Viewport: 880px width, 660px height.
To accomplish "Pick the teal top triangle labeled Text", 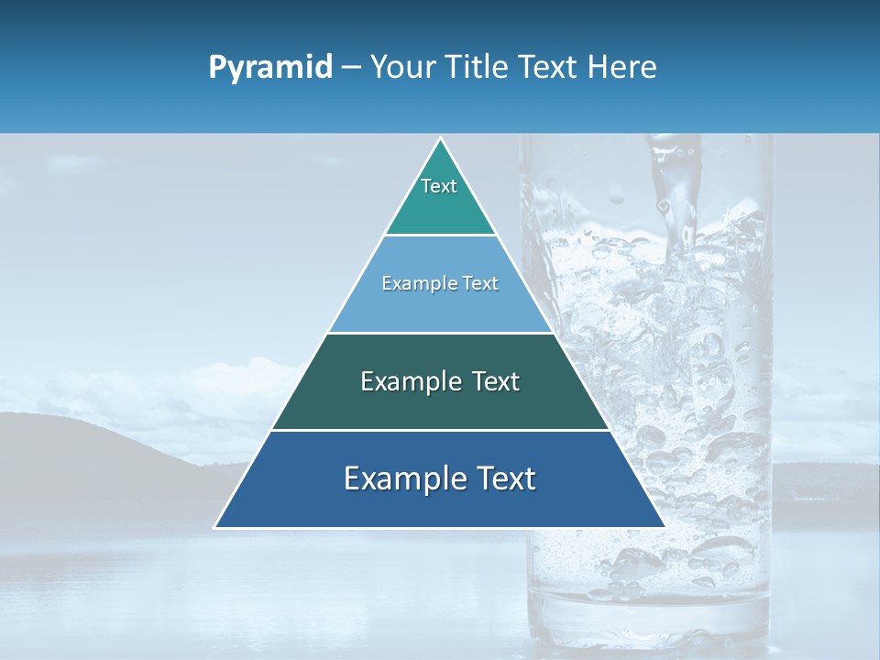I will point(440,197).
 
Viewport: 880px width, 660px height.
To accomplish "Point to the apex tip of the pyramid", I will point(440,139).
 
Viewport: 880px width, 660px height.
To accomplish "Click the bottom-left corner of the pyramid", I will point(217,526).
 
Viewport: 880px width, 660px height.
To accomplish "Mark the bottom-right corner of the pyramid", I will point(663,526).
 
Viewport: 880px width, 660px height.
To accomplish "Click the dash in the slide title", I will point(351,68).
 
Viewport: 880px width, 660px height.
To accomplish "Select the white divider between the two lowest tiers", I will point(440,430).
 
